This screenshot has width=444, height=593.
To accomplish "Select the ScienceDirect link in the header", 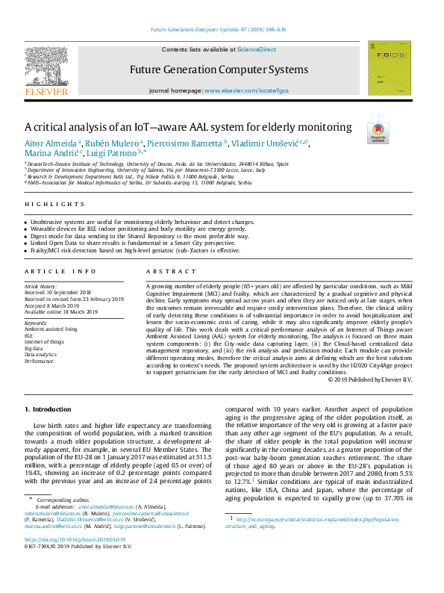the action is (x=256, y=49).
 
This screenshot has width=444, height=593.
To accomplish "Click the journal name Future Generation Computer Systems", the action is (x=219, y=69).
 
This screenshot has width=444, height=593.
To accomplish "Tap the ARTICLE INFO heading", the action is (x=60, y=271).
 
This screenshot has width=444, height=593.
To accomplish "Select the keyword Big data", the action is (x=34, y=348).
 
